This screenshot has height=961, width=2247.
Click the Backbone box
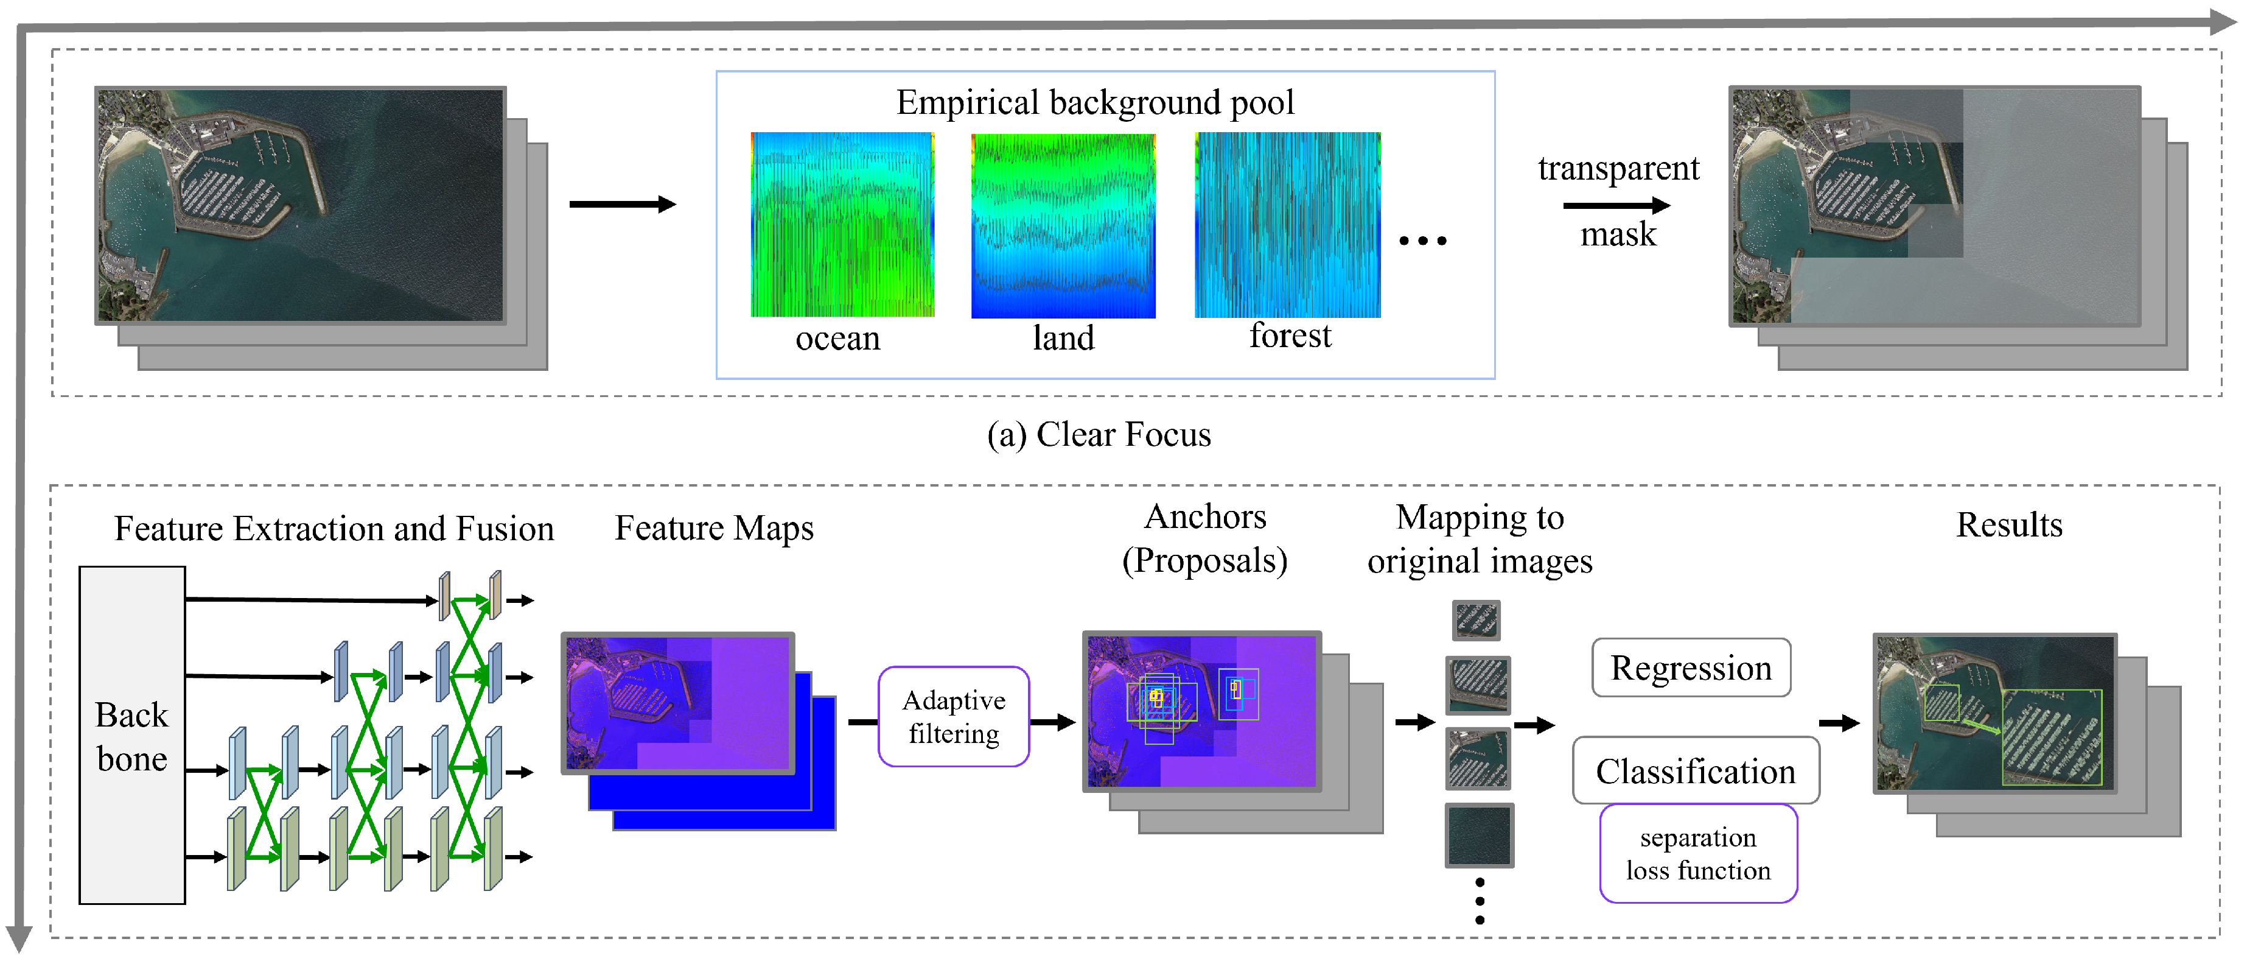pos(131,735)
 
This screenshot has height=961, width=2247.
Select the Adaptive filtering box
pos(954,717)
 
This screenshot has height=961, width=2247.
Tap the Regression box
pos(1691,667)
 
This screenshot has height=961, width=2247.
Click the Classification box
pos(1695,771)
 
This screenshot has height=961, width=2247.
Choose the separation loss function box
pos(1697,854)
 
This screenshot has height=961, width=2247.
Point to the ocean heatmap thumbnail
pos(842,224)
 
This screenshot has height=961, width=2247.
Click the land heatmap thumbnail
pos(1063,225)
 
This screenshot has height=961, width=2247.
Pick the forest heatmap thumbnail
pos(1287,224)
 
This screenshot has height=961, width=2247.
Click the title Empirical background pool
pos(1095,103)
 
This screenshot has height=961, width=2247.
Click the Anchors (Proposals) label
pos(1204,538)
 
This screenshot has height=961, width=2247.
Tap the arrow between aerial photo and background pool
pos(622,204)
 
